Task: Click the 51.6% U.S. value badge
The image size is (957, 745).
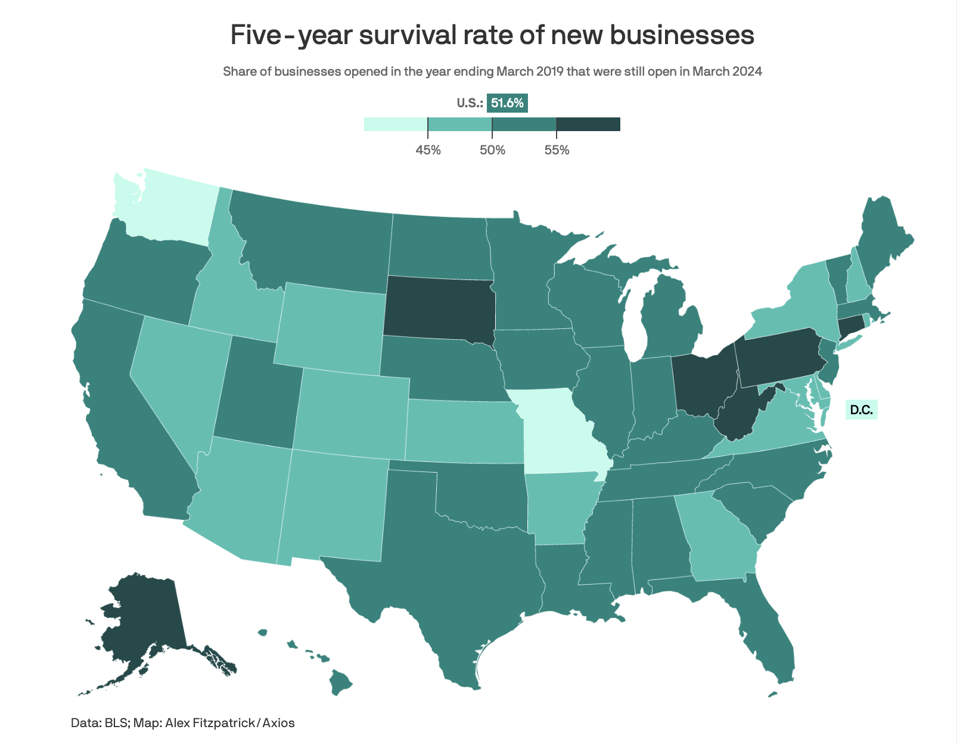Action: click(507, 103)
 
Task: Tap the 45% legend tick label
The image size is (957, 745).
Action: click(428, 150)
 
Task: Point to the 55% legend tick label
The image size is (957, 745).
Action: click(557, 150)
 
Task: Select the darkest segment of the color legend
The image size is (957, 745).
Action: click(588, 124)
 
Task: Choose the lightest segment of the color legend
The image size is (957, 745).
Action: click(396, 124)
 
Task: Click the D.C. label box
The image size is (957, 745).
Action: click(861, 410)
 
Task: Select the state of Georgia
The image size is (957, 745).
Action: click(718, 536)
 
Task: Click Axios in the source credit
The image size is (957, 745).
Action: click(278, 723)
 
